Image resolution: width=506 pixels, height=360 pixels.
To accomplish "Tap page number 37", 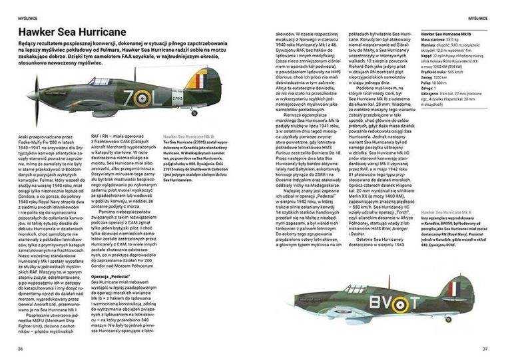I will [x=485, y=348].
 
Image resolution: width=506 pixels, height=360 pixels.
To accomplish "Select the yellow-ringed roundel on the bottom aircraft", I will [x=397, y=304].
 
